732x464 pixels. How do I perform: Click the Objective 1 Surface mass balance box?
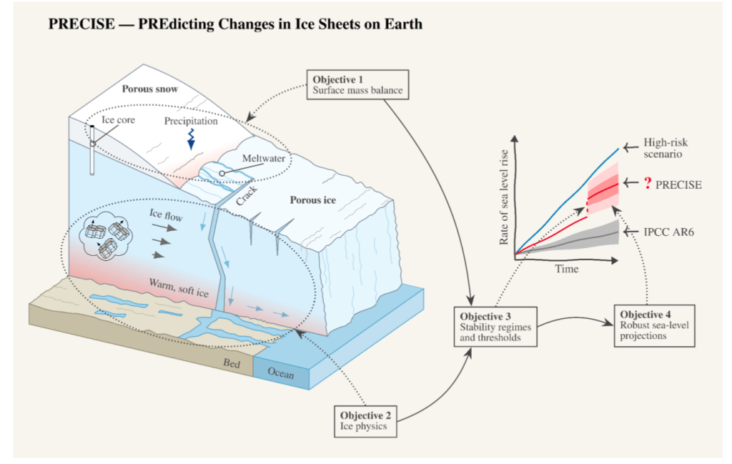pyautogui.click(x=357, y=84)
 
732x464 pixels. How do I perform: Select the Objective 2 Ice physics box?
pyautogui.click(x=365, y=421)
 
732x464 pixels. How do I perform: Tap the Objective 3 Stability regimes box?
pyautogui.click(x=495, y=327)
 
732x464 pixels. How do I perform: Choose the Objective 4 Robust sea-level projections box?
pyautogui.click(x=655, y=326)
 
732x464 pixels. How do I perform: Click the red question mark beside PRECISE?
pyautogui.click(x=648, y=183)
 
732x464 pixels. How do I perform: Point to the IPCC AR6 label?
pyautogui.click(x=668, y=232)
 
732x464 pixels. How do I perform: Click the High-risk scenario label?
pyautogui.click(x=666, y=148)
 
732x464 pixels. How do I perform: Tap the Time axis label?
pyautogui.click(x=567, y=269)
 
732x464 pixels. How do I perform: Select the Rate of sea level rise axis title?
pyautogui.click(x=503, y=197)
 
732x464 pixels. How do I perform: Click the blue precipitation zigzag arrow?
pyautogui.click(x=191, y=139)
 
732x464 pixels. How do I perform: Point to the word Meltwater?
pyautogui.click(x=264, y=158)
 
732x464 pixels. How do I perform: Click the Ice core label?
pyautogui.click(x=118, y=120)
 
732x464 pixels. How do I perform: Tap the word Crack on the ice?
pyautogui.click(x=247, y=196)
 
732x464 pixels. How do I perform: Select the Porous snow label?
pyautogui.click(x=150, y=89)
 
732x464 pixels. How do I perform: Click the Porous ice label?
pyautogui.click(x=313, y=199)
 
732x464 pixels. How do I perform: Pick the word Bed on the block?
pyautogui.click(x=232, y=363)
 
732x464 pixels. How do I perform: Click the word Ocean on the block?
pyautogui.click(x=280, y=372)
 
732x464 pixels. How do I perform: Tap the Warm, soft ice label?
pyautogui.click(x=179, y=287)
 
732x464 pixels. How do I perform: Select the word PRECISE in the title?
pyautogui.click(x=81, y=24)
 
